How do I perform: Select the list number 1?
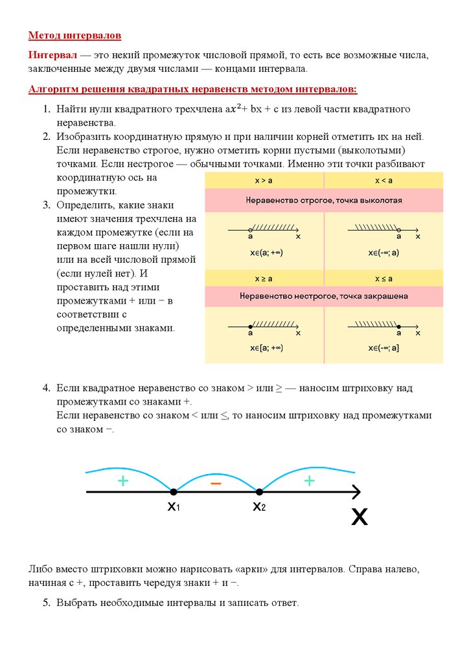(47, 109)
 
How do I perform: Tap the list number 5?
(47, 603)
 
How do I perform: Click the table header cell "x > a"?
(264, 181)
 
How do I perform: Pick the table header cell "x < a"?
(383, 181)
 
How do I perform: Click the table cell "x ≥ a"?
(264, 278)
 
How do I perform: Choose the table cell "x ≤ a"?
(383, 278)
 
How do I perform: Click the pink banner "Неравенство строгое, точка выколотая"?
(324, 200)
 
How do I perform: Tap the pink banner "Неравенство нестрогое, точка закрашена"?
(324, 297)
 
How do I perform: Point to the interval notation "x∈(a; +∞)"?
(266, 252)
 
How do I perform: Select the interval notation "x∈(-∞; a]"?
(384, 348)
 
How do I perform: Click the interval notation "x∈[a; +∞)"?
(266, 348)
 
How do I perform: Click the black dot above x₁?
(173, 492)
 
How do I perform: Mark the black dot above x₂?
(259, 492)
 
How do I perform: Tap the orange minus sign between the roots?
(216, 484)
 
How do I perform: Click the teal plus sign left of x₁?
(123, 480)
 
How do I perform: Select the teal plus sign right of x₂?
(309, 480)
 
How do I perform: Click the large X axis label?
(360, 517)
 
